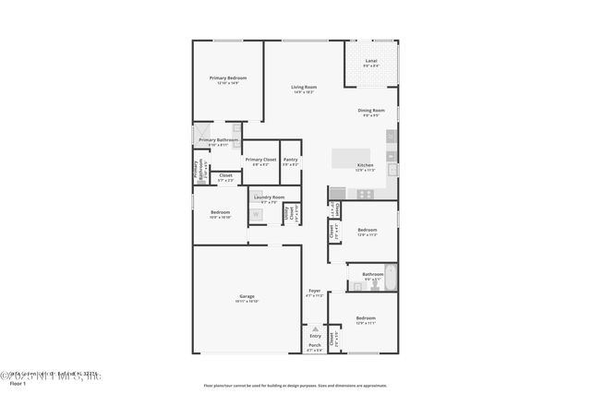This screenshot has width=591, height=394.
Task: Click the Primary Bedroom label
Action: click(228, 78)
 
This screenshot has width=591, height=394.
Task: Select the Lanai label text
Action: click(370, 61)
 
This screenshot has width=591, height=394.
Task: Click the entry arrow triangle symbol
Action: click(315, 328)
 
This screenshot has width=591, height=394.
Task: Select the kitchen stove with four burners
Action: click(364, 194)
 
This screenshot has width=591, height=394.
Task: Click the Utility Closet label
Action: click(291, 213)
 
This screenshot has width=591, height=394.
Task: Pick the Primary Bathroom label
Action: click(218, 140)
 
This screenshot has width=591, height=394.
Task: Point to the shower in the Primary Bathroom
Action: click(204, 138)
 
